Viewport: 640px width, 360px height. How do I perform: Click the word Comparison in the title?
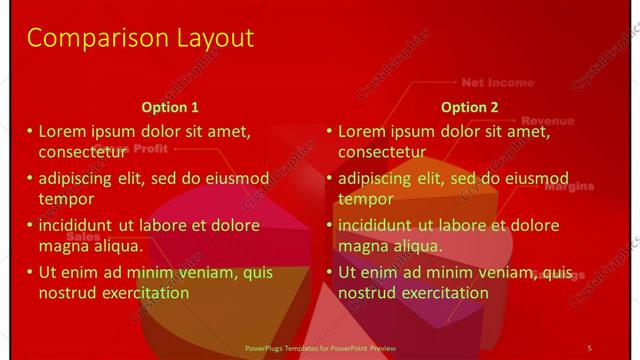(x=84, y=38)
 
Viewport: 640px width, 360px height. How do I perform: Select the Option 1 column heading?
(x=170, y=108)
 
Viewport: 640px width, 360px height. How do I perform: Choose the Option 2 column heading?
(x=470, y=108)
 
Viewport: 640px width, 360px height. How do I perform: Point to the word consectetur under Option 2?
(x=382, y=152)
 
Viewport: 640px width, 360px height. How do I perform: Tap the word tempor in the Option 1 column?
(x=66, y=199)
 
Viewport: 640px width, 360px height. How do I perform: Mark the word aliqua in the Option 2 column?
(x=414, y=245)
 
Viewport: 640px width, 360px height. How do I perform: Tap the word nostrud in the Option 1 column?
(x=68, y=293)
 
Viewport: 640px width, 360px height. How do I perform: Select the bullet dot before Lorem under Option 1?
(x=30, y=131)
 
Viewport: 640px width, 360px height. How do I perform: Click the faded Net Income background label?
(x=497, y=83)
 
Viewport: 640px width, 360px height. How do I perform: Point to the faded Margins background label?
(x=568, y=186)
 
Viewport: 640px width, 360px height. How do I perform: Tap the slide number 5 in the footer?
(x=589, y=347)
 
